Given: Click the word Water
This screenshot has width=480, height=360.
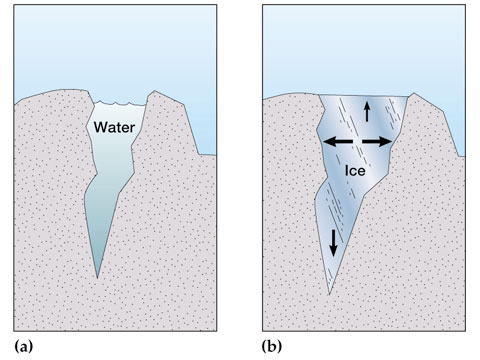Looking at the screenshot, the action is (x=114, y=127).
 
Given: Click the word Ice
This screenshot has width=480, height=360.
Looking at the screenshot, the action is (x=355, y=171).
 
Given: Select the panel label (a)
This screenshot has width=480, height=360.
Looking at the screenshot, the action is (x=24, y=347).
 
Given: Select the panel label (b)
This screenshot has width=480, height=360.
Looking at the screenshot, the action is (x=272, y=347).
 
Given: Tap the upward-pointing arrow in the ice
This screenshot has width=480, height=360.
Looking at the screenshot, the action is (x=367, y=112).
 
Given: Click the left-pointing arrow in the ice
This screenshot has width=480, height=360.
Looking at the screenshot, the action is (x=338, y=142).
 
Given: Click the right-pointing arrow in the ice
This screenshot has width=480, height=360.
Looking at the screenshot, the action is (x=377, y=142).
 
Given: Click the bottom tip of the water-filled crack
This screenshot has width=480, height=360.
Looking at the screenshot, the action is (x=97, y=278).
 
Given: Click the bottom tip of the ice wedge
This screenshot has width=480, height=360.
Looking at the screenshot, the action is (x=329, y=294).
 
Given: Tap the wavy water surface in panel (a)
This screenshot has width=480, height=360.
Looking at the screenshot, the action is (x=120, y=103).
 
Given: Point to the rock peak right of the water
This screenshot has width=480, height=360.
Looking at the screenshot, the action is (x=154, y=91).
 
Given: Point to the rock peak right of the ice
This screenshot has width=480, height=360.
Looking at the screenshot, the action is (x=414, y=93).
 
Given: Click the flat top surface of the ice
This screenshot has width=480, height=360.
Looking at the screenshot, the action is (x=364, y=96).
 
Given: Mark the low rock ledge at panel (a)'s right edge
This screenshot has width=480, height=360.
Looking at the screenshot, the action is (x=207, y=155).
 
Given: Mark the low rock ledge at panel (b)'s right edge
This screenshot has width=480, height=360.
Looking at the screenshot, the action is (x=462, y=156).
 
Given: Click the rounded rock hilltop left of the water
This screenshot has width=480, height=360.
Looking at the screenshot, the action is (x=62, y=90).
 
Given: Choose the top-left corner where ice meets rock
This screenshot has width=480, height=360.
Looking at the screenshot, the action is (x=319, y=95).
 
